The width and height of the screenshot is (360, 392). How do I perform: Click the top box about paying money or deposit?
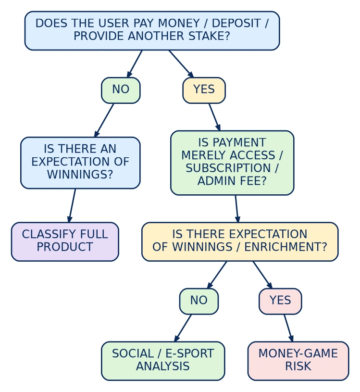[x=152, y=30]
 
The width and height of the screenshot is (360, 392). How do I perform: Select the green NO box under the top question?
[x=121, y=90]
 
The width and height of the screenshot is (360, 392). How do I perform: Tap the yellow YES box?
[x=204, y=90]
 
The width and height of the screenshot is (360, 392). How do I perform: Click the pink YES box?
[x=280, y=301]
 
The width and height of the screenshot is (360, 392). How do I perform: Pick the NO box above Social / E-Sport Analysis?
[x=199, y=301]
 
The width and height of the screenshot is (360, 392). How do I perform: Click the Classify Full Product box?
[x=65, y=241]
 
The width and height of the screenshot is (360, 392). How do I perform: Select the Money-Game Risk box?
[x=298, y=361]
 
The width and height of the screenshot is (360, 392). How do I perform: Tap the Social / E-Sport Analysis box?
[x=163, y=361]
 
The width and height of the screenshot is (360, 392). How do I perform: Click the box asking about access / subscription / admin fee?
[x=232, y=163]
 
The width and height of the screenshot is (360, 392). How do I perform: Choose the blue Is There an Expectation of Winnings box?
[x=80, y=163]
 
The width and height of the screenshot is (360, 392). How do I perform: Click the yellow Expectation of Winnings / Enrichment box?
[x=240, y=241]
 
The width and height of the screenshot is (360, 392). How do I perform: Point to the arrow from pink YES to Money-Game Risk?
[x=288, y=328]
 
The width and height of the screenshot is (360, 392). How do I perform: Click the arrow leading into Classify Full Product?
[x=72, y=205]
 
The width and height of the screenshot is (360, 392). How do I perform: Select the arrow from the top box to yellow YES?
[x=181, y=64]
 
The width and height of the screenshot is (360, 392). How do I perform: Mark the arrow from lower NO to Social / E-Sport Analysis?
[x=183, y=328]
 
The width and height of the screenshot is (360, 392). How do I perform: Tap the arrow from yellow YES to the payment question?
[x=214, y=117]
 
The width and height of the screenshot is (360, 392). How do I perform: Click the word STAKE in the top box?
[x=209, y=36]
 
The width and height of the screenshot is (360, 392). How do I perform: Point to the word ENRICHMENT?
[x=286, y=247]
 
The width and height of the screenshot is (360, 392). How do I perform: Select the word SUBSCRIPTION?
[x=228, y=168]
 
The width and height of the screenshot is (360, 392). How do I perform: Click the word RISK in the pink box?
[x=298, y=366]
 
